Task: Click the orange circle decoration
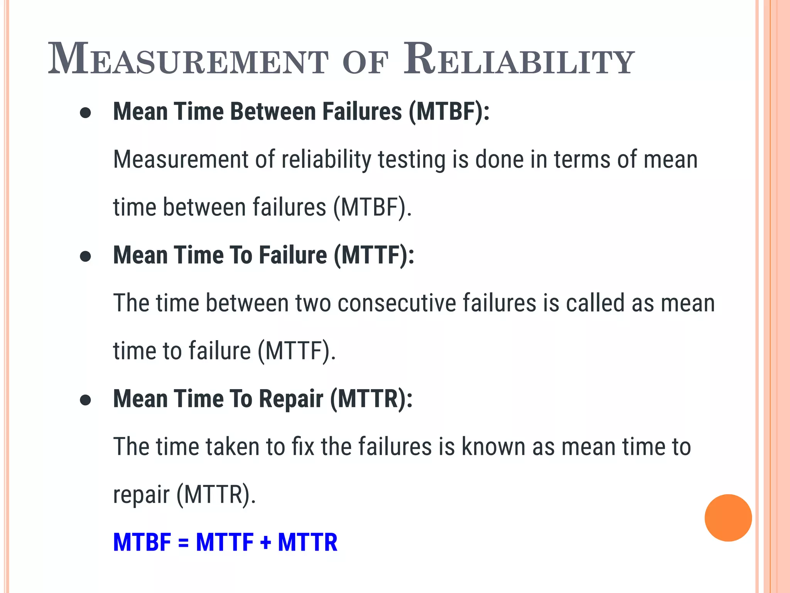728,518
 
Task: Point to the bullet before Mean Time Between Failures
85,113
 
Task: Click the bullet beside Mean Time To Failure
85,257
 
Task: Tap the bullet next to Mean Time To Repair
85,400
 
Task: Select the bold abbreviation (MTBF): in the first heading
449,112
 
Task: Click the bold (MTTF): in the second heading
374,256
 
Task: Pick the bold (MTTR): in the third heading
371,399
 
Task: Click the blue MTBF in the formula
142,542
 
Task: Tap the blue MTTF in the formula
225,542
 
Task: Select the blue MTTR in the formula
307,542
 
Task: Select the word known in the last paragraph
493,447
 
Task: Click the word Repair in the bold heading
291,399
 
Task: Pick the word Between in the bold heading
273,112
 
